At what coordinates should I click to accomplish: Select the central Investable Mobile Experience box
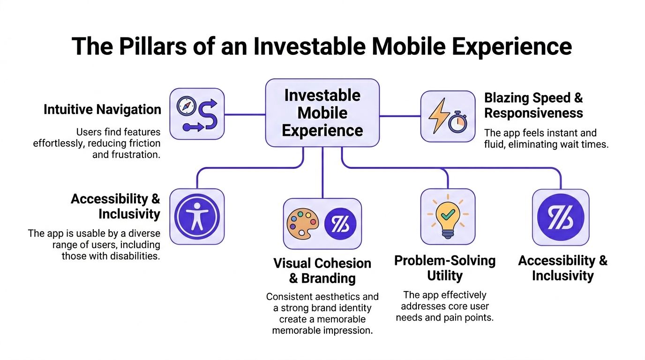click(x=322, y=113)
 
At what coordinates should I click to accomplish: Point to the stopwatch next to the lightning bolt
click(x=457, y=122)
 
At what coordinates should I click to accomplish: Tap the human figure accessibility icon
click(x=196, y=216)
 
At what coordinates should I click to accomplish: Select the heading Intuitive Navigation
click(x=102, y=110)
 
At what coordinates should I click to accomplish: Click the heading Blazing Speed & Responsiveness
click(x=533, y=105)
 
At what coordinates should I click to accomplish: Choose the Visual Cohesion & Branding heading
click(x=322, y=270)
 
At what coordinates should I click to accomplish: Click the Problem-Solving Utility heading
click(x=444, y=268)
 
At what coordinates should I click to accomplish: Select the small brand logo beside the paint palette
click(x=340, y=224)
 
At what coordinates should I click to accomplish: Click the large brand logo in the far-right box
click(x=560, y=217)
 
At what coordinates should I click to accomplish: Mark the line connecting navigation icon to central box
click(x=245, y=114)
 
